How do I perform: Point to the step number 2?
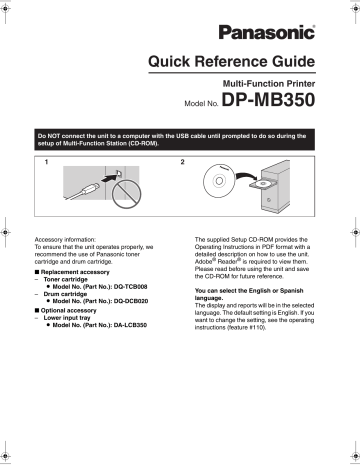[x=182, y=161]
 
